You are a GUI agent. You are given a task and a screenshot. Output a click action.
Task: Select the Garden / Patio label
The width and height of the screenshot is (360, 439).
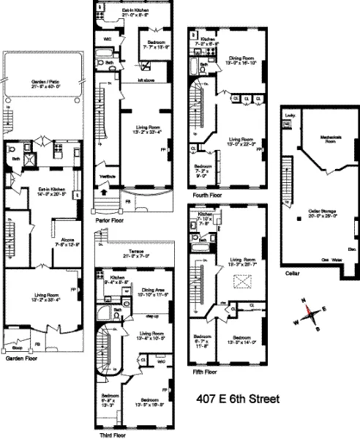[x=45, y=82]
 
